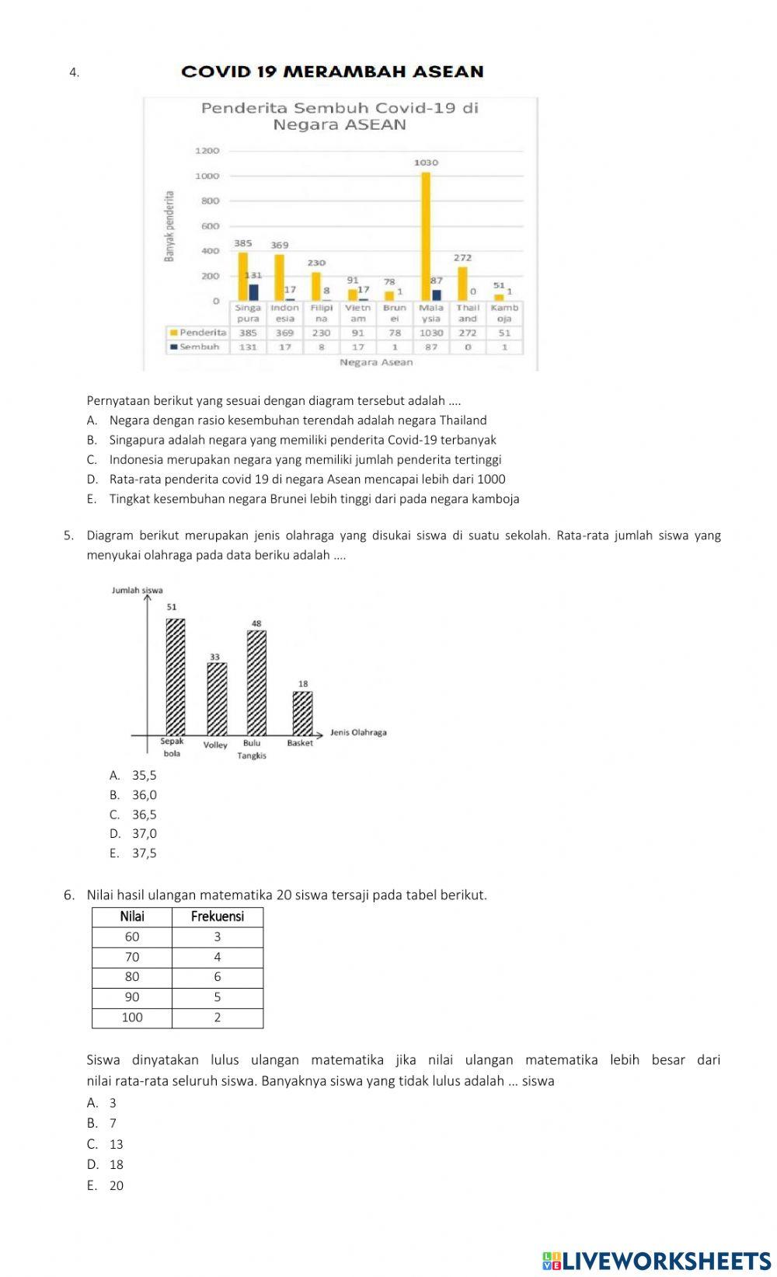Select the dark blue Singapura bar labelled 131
253,292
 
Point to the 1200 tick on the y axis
207,151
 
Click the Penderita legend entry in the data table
198,333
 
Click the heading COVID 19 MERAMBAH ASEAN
332,72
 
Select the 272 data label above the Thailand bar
462,257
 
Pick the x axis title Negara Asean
376,362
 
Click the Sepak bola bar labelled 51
176,676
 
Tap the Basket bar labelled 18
302,713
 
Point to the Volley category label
215,745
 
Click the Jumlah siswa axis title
138,591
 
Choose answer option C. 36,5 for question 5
134,815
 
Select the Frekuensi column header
217,916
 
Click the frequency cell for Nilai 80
217,977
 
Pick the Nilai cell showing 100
132,1017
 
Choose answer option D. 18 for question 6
106,1164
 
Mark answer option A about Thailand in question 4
287,420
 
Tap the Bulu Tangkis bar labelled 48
256,682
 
